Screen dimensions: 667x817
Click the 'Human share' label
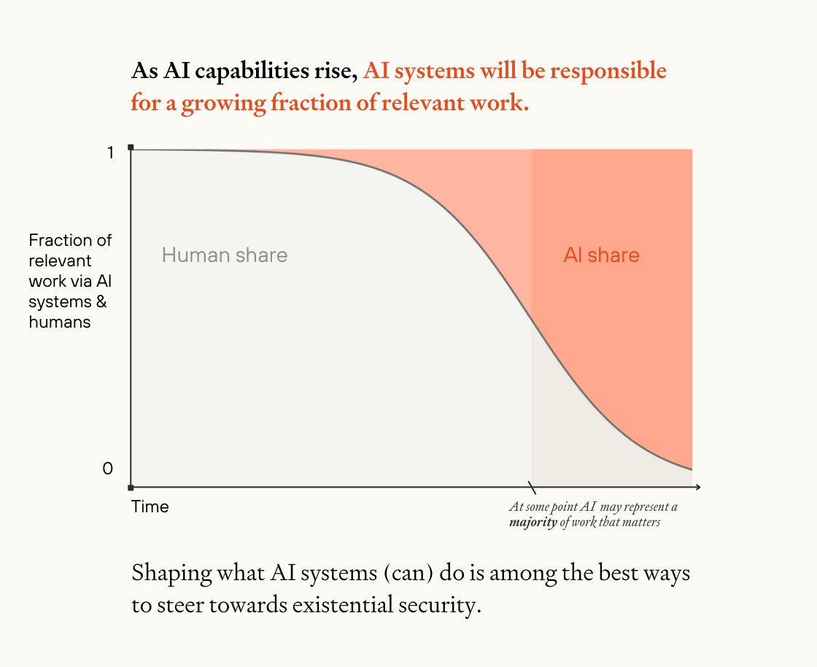(x=225, y=255)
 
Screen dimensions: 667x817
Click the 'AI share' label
(x=601, y=255)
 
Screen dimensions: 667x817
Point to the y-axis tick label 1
(x=110, y=153)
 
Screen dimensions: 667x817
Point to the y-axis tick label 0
(x=108, y=469)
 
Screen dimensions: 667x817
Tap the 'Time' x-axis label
(x=150, y=506)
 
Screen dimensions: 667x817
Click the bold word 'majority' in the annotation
(x=533, y=523)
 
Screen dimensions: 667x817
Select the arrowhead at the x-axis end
(x=697, y=487)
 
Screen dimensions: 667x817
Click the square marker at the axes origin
(x=131, y=487)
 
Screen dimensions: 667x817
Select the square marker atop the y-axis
(x=131, y=148)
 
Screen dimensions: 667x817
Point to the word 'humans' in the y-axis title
(x=60, y=322)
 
